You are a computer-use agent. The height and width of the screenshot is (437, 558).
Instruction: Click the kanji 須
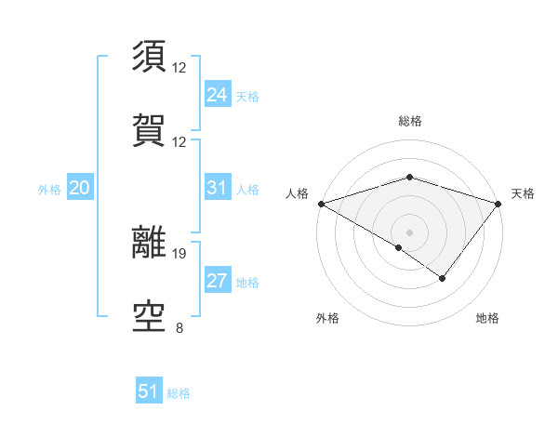(150, 56)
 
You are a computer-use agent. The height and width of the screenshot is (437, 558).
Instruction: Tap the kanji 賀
(150, 128)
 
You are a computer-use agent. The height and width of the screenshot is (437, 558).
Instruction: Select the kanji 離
(150, 243)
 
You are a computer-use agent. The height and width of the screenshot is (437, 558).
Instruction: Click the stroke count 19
(179, 253)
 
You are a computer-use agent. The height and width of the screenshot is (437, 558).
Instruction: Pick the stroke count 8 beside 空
(179, 326)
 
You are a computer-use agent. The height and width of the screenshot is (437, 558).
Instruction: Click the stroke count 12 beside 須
(179, 68)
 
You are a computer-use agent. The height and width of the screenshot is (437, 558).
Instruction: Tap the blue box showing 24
(217, 94)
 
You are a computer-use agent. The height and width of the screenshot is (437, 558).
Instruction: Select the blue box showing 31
(217, 188)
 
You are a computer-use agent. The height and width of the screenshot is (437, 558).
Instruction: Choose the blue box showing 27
(217, 282)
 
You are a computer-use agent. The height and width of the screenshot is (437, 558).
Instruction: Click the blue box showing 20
(79, 188)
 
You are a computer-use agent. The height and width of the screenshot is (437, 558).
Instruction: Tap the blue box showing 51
(148, 391)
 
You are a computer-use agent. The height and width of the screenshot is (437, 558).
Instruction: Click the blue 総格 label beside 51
(179, 393)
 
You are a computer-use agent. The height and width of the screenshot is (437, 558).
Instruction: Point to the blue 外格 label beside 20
(49, 190)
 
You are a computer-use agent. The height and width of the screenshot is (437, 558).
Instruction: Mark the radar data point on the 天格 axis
(498, 203)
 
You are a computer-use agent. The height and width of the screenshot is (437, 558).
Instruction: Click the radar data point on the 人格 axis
(320, 203)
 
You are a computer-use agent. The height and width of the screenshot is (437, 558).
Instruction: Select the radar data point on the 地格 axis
(443, 278)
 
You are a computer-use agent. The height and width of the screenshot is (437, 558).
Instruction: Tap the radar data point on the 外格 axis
(399, 247)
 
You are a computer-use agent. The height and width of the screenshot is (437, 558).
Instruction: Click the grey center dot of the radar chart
(409, 232)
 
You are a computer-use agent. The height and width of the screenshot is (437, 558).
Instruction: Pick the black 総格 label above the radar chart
(410, 121)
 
